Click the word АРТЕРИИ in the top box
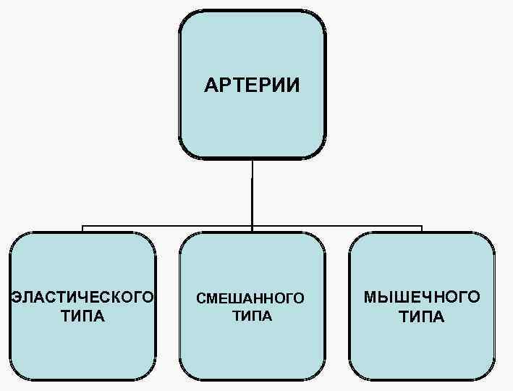(x=251, y=86)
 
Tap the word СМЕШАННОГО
(x=251, y=298)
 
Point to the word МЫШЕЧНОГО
(x=421, y=298)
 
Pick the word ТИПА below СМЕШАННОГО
(x=252, y=316)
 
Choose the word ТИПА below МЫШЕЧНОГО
(x=421, y=317)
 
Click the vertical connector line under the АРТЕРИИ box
(x=253, y=192)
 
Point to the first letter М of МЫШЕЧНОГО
(x=370, y=298)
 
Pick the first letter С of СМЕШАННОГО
(x=200, y=298)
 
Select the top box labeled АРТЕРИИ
(x=252, y=43)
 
